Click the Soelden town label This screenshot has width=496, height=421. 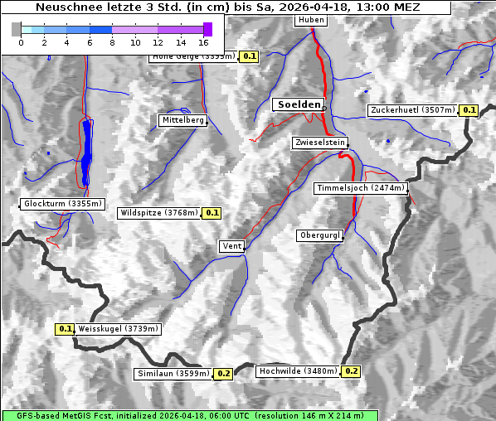click(x=298, y=104)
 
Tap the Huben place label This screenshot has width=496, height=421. click(x=310, y=20)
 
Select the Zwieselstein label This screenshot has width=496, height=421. click(x=319, y=143)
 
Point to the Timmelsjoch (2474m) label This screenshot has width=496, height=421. click(x=361, y=188)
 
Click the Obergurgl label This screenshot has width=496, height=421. click(x=319, y=235)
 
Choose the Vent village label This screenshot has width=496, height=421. click(x=232, y=246)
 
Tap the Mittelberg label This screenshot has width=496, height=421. click(x=182, y=120)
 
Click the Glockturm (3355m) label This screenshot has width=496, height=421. click(x=63, y=204)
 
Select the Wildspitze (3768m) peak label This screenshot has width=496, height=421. click(x=159, y=213)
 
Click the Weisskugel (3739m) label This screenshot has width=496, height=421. click(x=118, y=329)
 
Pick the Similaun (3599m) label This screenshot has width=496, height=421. click(x=173, y=374)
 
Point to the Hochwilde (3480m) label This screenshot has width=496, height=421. click(x=297, y=371)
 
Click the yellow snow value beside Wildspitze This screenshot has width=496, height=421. click(x=212, y=213)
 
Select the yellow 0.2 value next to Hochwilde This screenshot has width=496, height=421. click(x=351, y=371)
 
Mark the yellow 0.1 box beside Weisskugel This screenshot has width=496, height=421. click(x=66, y=329)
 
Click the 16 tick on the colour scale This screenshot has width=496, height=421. click(x=204, y=41)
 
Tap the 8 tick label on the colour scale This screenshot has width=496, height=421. click(x=112, y=41)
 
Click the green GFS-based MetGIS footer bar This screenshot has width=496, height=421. click(x=190, y=415)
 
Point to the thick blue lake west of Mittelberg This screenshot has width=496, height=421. click(x=87, y=153)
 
